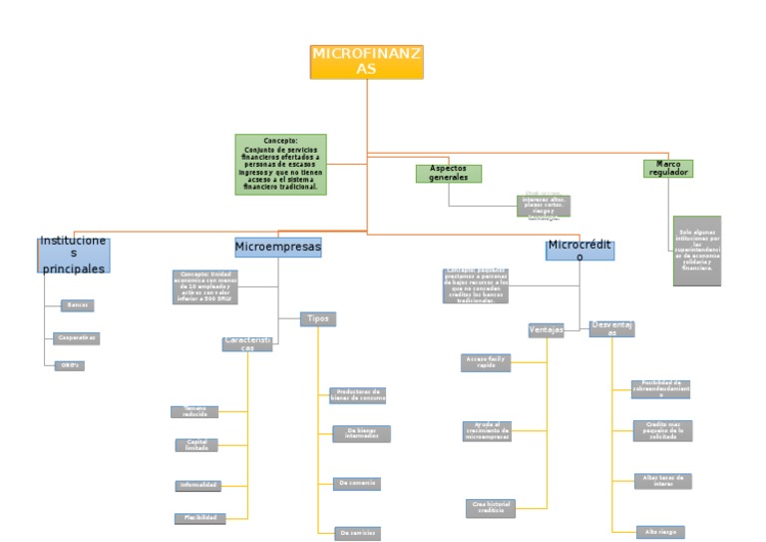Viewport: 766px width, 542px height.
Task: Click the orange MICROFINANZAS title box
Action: (x=367, y=61)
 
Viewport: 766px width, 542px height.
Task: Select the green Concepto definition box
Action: (x=280, y=164)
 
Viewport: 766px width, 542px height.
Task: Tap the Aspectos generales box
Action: (x=448, y=173)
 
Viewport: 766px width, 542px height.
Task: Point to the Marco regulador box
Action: (x=667, y=169)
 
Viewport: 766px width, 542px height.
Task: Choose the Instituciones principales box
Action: (x=73, y=255)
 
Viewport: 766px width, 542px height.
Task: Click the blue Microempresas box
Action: (x=277, y=246)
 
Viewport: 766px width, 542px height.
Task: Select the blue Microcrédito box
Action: (x=579, y=251)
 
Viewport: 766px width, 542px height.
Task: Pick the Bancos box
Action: (x=77, y=304)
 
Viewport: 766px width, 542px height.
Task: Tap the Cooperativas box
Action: (x=77, y=338)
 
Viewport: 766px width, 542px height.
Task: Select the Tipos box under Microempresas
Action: (x=318, y=318)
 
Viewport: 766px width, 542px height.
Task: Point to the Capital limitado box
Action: (x=195, y=445)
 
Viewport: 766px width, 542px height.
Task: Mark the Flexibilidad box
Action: (x=197, y=518)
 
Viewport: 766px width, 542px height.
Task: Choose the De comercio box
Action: (x=356, y=483)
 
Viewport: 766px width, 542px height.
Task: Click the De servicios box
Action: (x=357, y=533)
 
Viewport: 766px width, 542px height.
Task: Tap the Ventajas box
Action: (x=546, y=329)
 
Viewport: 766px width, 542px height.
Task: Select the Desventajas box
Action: (x=611, y=328)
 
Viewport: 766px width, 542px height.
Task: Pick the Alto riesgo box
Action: (x=660, y=532)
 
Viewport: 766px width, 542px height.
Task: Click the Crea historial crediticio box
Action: (x=490, y=508)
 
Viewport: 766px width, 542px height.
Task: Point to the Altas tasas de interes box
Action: (x=662, y=481)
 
